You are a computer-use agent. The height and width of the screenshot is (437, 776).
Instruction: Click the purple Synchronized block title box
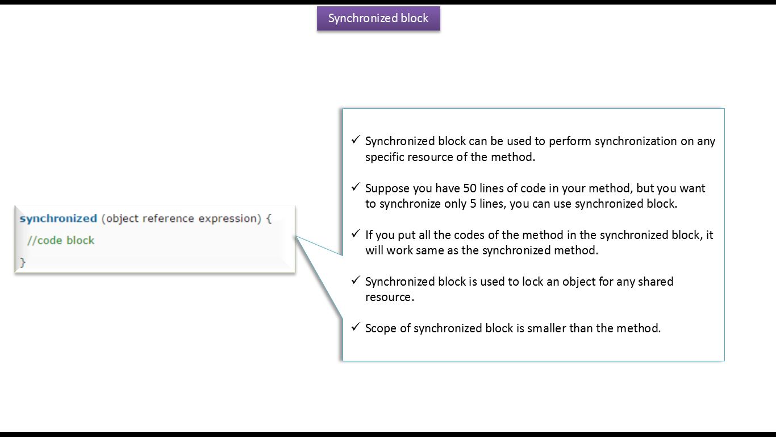pyautogui.click(x=378, y=18)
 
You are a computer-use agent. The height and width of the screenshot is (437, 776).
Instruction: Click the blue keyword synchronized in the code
pyautogui.click(x=58, y=218)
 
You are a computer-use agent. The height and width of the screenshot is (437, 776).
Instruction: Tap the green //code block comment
pyautogui.click(x=61, y=240)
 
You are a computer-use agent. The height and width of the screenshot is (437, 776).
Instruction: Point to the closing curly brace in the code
pyautogui.click(x=23, y=262)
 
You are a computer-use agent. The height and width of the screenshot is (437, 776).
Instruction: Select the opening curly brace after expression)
pyautogui.click(x=269, y=218)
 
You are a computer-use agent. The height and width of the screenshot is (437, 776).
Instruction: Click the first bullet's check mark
pyautogui.click(x=355, y=140)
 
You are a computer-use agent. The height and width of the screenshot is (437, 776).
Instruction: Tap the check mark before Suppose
pyautogui.click(x=355, y=187)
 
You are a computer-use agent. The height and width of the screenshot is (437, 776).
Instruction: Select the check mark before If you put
pyautogui.click(x=355, y=233)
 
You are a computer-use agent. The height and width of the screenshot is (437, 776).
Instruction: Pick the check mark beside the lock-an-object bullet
pyautogui.click(x=355, y=280)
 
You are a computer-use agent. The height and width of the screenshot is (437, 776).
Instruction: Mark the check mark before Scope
pyautogui.click(x=355, y=327)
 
